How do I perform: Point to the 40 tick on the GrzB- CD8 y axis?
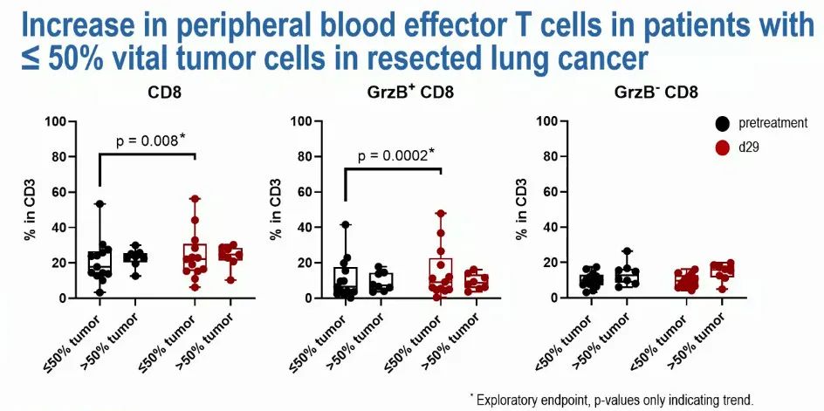[547, 227]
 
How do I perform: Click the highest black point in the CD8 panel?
[100, 204]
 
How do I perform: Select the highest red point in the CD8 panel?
[195, 199]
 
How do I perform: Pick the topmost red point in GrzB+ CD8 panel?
[442, 214]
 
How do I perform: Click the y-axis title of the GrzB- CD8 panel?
[523, 209]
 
